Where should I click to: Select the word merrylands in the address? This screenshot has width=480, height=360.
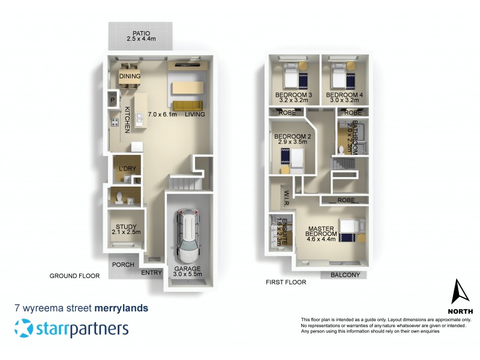pyautogui.click(x=121, y=308)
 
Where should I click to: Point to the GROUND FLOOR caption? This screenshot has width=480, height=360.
pyautogui.click(x=74, y=276)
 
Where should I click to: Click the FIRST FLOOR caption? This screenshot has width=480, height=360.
pyautogui.click(x=286, y=281)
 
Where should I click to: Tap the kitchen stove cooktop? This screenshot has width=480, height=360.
pyautogui.click(x=113, y=123)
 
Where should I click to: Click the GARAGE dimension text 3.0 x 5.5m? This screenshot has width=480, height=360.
pyautogui.click(x=188, y=275)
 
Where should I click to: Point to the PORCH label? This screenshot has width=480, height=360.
pyautogui.click(x=122, y=264)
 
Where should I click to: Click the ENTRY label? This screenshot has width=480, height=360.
pyautogui.click(x=152, y=273)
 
